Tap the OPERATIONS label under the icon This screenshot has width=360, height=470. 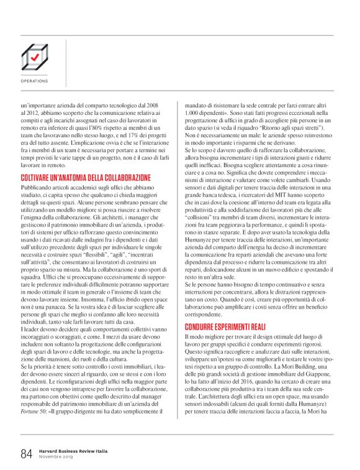(x=34, y=81)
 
